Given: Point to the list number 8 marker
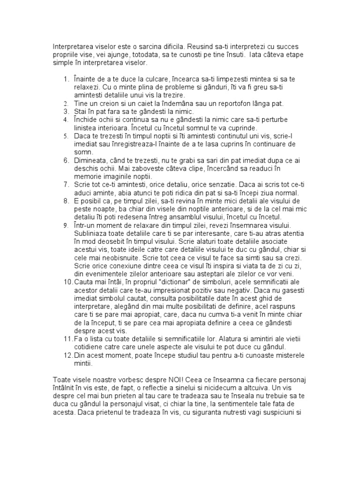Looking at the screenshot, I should (x=66, y=201).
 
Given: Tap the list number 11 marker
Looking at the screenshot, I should (x=67, y=339).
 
